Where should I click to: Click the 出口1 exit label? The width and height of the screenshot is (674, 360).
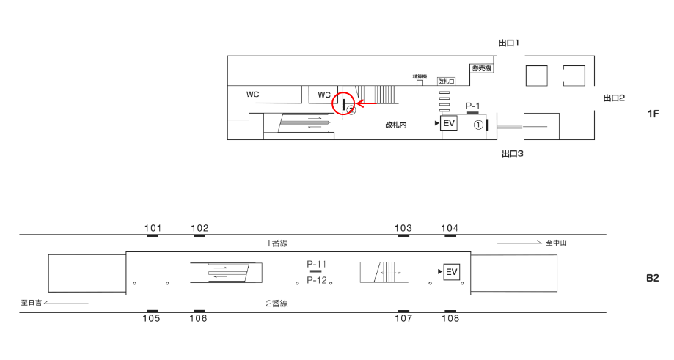(508, 44)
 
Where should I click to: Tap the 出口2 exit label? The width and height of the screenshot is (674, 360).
(613, 98)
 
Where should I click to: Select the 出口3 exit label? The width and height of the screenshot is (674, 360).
(511, 154)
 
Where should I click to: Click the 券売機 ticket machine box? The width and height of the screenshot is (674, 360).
(480, 68)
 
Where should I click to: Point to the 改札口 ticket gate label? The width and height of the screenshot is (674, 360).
(447, 81)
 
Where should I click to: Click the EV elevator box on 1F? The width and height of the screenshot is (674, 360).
(449, 124)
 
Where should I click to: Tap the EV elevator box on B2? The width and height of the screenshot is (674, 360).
(452, 273)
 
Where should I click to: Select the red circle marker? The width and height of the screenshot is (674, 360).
(345, 103)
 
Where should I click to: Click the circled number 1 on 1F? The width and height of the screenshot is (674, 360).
(477, 125)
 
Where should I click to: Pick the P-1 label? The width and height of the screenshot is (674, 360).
(473, 106)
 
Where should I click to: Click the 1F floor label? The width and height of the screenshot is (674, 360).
(654, 114)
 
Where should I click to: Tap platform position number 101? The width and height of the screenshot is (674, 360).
(153, 228)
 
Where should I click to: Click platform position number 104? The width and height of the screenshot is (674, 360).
(450, 228)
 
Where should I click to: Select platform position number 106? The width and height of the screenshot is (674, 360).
(198, 318)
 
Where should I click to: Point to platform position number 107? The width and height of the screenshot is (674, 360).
(403, 318)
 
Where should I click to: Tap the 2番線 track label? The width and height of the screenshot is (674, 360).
(277, 303)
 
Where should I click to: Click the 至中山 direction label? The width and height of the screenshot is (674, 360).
(555, 243)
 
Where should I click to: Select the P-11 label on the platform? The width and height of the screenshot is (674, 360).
(317, 262)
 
